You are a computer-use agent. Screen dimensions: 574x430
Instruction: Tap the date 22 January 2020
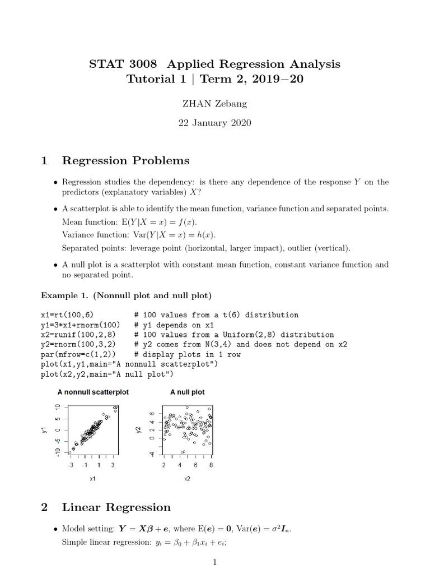[x=214, y=123]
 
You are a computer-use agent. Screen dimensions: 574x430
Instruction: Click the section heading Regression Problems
[x=125, y=161]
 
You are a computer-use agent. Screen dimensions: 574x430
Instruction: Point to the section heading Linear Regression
[x=116, y=507]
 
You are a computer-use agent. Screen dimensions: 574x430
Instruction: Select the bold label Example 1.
[x=61, y=295]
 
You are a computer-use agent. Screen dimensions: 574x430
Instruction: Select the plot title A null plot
[x=187, y=392]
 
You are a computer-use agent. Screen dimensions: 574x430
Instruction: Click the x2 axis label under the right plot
[x=187, y=479]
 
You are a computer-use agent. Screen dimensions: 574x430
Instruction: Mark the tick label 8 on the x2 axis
[x=211, y=465]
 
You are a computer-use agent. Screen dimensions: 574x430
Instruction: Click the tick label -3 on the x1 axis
[x=71, y=465]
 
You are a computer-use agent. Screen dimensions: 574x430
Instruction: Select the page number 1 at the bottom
[x=214, y=562]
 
